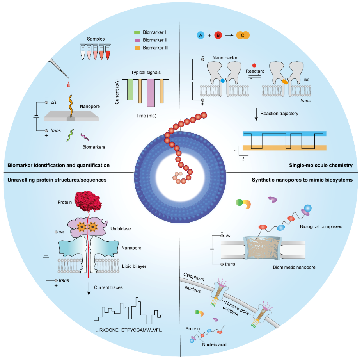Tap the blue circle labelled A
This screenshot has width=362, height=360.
pos(201,35)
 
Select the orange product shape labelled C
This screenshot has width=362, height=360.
pos(243,35)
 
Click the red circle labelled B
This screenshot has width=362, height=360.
pos(218,35)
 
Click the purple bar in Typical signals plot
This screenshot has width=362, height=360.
pos(151,93)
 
